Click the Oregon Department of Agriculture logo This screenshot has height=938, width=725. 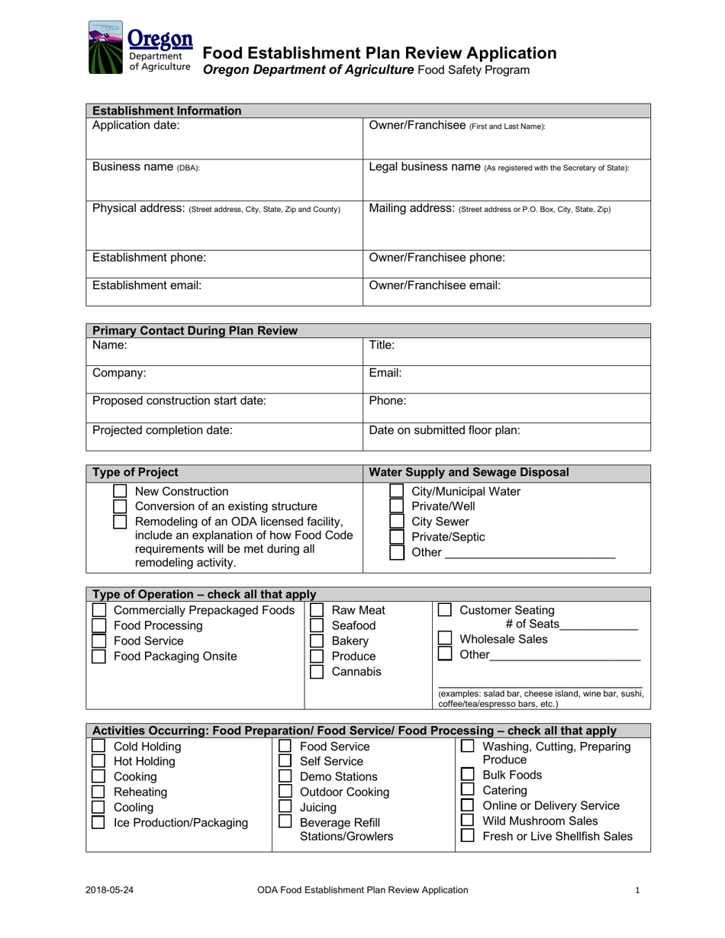pos(140,48)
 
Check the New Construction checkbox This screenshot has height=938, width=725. pos(120,491)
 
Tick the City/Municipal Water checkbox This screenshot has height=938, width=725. pos(396,491)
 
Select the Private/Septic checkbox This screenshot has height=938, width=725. pos(396,537)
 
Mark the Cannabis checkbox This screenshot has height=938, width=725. pos(317,672)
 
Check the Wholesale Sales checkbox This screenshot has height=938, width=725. pos(445,638)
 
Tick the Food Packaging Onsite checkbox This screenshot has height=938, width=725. pos(98,657)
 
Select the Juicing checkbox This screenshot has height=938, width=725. pos(285,807)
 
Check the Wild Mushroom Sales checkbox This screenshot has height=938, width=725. pos(468,821)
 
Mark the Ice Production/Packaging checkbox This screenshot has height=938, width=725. pos(98,822)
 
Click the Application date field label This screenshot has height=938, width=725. pos(136,125)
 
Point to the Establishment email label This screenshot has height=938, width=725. pos(147,285)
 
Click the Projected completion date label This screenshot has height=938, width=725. pos(162,430)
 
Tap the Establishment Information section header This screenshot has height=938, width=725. pos(166,111)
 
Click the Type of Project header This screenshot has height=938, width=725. pos(135,472)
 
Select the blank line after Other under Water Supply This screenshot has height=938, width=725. pos(530,555)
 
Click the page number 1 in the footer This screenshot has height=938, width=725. pos(637,889)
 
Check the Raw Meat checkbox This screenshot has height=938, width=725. pos(317,610)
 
